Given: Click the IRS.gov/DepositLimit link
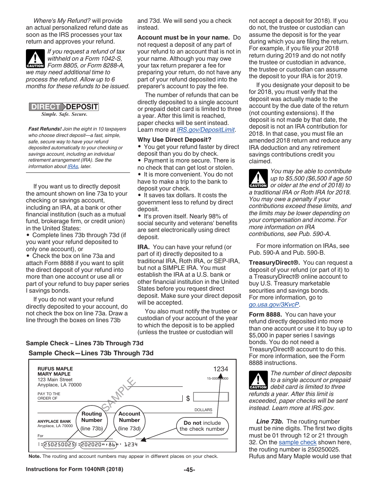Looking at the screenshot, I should coord(206,130).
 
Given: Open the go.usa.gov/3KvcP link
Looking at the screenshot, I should coord(274,304).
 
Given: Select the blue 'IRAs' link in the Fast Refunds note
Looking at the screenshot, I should coord(73,166).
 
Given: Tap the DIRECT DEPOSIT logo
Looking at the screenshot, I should coord(64,107).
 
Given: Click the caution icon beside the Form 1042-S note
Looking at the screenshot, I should coord(35,59).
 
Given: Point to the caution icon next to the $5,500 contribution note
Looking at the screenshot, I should coord(258,179).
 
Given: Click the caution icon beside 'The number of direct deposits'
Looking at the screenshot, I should coord(258,380).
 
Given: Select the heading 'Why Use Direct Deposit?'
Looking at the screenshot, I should coord(174,140).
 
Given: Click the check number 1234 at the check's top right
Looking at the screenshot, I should coord(221,369).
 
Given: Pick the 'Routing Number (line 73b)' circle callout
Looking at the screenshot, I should coord(92,421).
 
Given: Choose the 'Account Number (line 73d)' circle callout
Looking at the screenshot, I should coord(129,421).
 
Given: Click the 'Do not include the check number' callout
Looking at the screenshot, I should coord(202,426).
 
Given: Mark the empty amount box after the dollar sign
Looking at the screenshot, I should coord(211,397).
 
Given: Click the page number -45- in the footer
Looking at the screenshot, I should coord(189,469).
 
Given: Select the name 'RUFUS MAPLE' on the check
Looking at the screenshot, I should coord(55,369).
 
